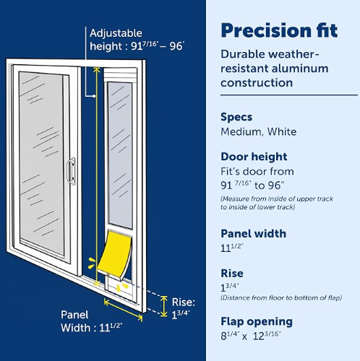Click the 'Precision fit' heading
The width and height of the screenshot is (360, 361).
(279, 31)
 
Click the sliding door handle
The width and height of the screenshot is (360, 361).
(71, 171)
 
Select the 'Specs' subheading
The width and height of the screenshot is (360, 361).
(236, 117)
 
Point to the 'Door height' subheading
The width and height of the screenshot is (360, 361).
(254, 157)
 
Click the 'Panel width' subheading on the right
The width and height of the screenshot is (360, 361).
(254, 234)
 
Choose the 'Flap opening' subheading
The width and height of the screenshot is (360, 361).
(257, 322)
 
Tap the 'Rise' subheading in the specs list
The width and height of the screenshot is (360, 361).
(232, 274)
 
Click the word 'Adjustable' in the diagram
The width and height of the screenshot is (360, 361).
(116, 33)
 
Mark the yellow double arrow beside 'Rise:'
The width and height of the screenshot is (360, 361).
(164, 306)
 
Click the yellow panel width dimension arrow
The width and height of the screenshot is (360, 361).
(123, 310)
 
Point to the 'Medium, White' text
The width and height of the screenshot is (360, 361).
(259, 132)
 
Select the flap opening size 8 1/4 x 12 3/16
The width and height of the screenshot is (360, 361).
(251, 336)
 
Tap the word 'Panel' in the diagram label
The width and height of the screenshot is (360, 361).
(74, 315)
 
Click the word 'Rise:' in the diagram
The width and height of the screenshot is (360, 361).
(184, 303)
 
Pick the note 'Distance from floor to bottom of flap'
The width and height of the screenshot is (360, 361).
(281, 298)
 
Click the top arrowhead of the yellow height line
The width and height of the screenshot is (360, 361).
(96, 69)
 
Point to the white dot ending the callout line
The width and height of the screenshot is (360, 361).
(94, 96)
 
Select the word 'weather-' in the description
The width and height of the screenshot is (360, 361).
(294, 54)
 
